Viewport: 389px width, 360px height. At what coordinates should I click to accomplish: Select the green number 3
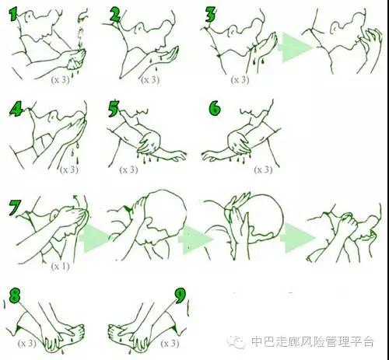[x=211, y=14]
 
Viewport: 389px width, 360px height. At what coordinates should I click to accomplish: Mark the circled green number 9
[x=180, y=295]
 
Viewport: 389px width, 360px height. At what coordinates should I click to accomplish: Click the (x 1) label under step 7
[x=61, y=266]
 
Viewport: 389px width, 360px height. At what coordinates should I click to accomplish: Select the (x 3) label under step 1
[x=60, y=79]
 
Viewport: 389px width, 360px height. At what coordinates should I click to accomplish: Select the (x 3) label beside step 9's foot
[x=170, y=343]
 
